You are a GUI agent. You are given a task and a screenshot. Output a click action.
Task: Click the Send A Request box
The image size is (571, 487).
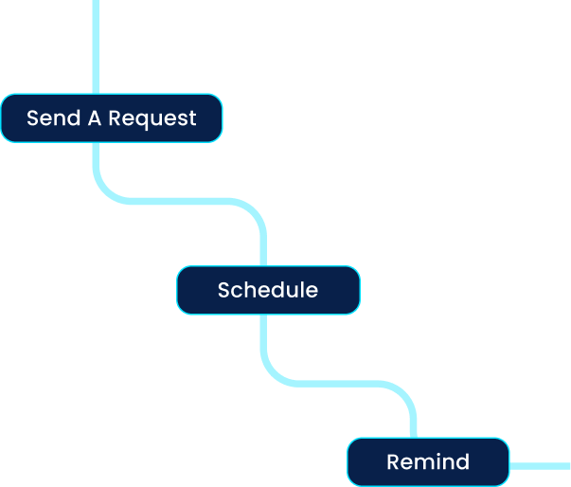click(111, 118)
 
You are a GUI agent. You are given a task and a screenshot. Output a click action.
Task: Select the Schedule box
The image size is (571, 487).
click(268, 290)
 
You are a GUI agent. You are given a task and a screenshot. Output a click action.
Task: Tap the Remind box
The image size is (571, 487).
click(428, 462)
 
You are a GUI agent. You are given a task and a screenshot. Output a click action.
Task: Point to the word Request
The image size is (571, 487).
click(152, 118)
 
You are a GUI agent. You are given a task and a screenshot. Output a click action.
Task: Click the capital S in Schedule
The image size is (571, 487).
click(224, 290)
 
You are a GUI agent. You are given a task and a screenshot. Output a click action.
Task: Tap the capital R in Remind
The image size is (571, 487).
click(393, 462)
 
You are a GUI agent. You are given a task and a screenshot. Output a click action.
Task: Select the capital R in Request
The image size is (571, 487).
click(115, 118)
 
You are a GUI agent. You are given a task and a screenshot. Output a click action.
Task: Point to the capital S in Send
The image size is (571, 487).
click(33, 118)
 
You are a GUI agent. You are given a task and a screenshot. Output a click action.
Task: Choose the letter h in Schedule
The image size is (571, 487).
click(249, 290)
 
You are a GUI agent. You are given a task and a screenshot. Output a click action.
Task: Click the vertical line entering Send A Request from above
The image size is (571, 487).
click(96, 47)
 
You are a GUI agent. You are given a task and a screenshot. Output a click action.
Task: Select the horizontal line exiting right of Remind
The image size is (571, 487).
click(540, 466)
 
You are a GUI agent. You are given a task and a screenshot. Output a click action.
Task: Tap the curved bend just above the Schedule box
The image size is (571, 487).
click(254, 212)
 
